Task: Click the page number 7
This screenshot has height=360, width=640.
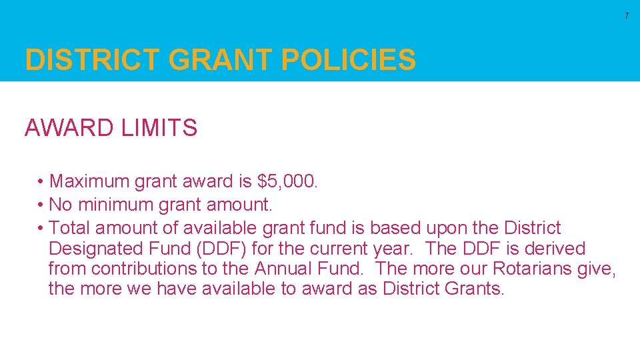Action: tap(627, 15)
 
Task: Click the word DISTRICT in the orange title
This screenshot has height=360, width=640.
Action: tap(93, 61)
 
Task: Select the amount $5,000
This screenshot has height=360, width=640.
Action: tap(288, 181)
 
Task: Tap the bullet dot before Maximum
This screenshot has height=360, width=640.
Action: tap(41, 182)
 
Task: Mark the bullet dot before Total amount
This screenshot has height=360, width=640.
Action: tap(41, 229)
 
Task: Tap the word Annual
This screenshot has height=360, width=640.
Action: tap(285, 269)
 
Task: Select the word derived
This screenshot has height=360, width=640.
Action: tap(555, 249)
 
